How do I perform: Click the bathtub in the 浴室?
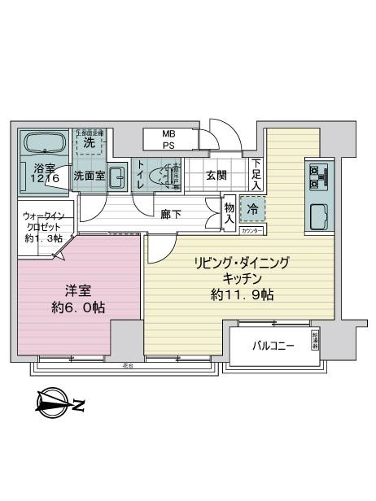pyautogui.click(x=46, y=145)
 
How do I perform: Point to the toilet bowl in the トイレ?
pyautogui.click(x=167, y=175)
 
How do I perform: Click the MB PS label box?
pyautogui.click(x=168, y=139)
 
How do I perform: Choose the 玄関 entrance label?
pyautogui.click(x=216, y=175)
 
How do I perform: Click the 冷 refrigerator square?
pyautogui.click(x=251, y=211)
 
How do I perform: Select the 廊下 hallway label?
pyautogui.click(x=171, y=214)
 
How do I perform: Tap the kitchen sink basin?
pyautogui.click(x=316, y=216)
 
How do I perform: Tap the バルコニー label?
pyautogui.click(x=272, y=346)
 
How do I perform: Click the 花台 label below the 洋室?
pyautogui.click(x=127, y=365)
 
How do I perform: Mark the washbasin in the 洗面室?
pyautogui.click(x=117, y=174)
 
